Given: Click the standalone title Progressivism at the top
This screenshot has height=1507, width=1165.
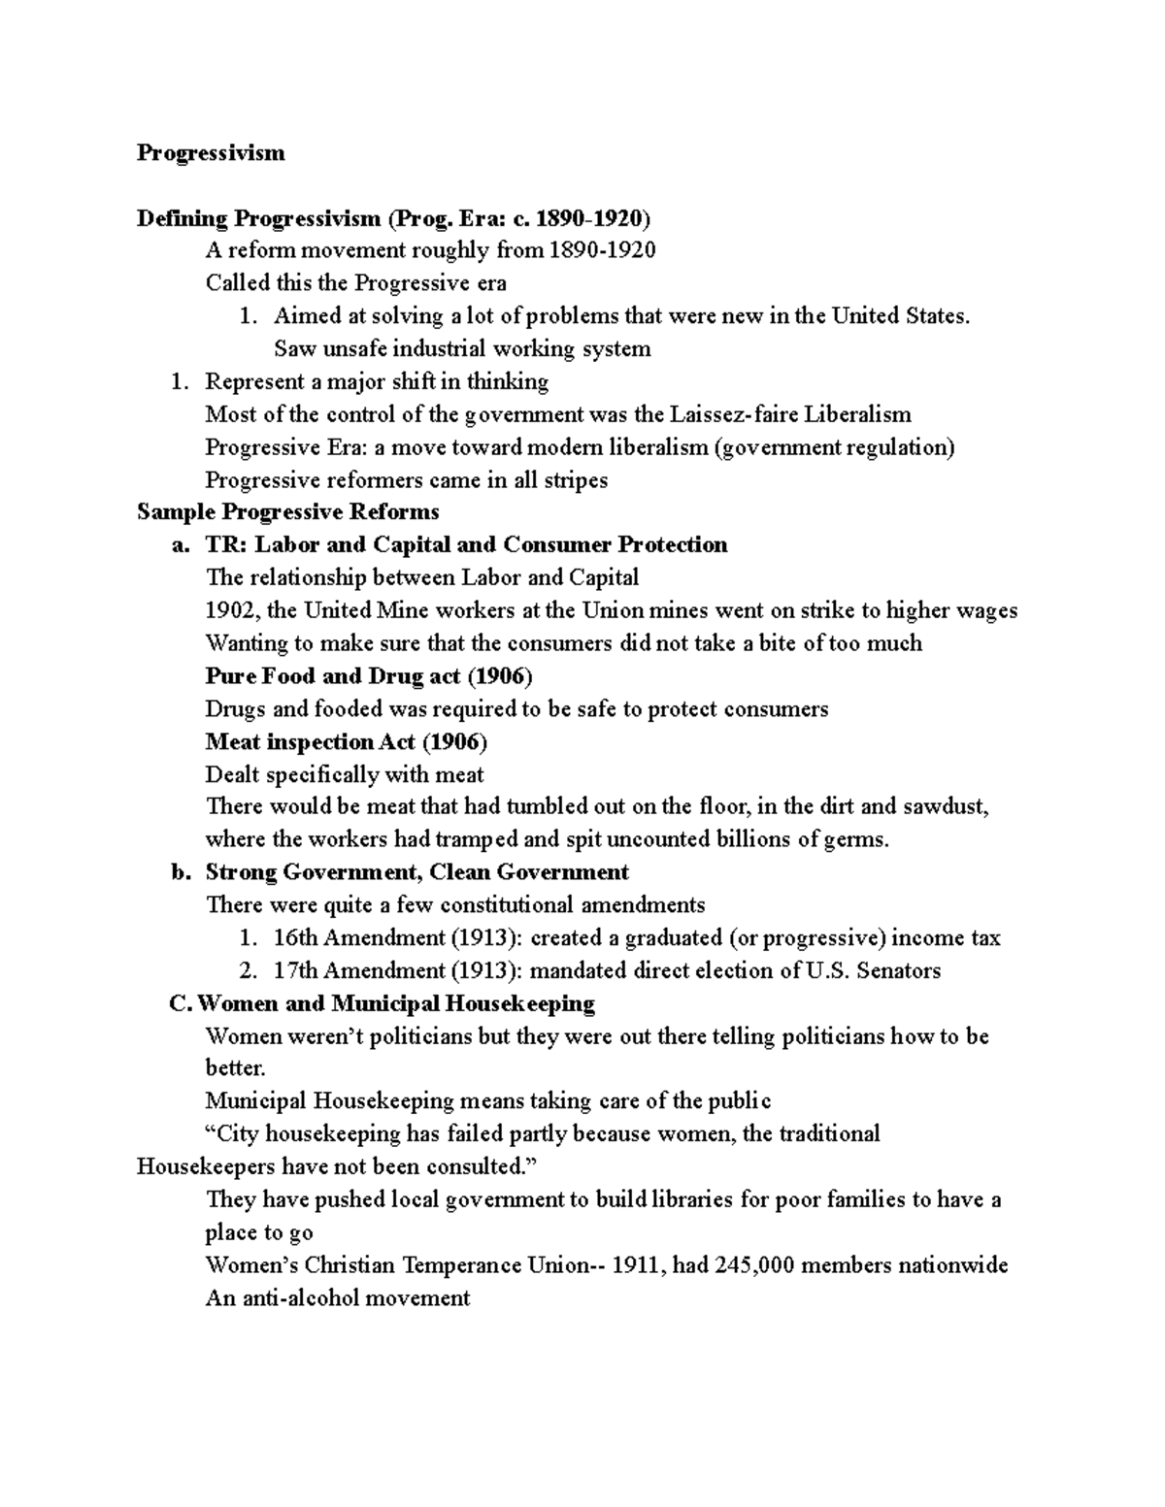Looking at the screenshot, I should [x=211, y=152].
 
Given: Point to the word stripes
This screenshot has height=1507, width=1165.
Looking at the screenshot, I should [x=575, y=480].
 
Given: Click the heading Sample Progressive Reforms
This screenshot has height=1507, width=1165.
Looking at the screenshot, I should [x=288, y=512].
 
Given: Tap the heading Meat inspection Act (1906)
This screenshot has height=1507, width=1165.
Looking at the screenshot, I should [x=347, y=742].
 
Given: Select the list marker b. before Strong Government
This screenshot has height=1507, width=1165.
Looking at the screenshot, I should [x=180, y=872].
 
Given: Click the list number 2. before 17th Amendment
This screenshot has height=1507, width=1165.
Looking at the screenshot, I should [x=249, y=971].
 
